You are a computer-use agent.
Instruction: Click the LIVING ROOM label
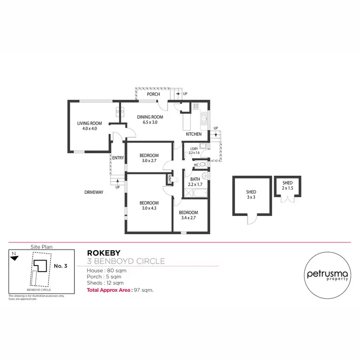pos(90,123)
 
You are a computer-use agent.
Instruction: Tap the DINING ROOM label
pos(150,117)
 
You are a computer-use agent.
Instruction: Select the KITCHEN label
pos(193,134)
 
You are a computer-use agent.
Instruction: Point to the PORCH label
pos(153,94)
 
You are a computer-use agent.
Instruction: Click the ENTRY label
pos(118,158)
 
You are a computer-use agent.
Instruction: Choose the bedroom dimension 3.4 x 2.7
pos(188,218)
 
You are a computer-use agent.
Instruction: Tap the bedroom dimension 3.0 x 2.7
pos(149,161)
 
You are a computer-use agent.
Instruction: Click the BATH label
pos(194,180)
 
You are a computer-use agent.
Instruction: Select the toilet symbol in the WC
pos(204,164)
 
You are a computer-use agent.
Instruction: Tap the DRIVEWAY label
pos(94,192)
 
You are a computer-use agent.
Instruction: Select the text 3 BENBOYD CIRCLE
pos(126,261)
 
